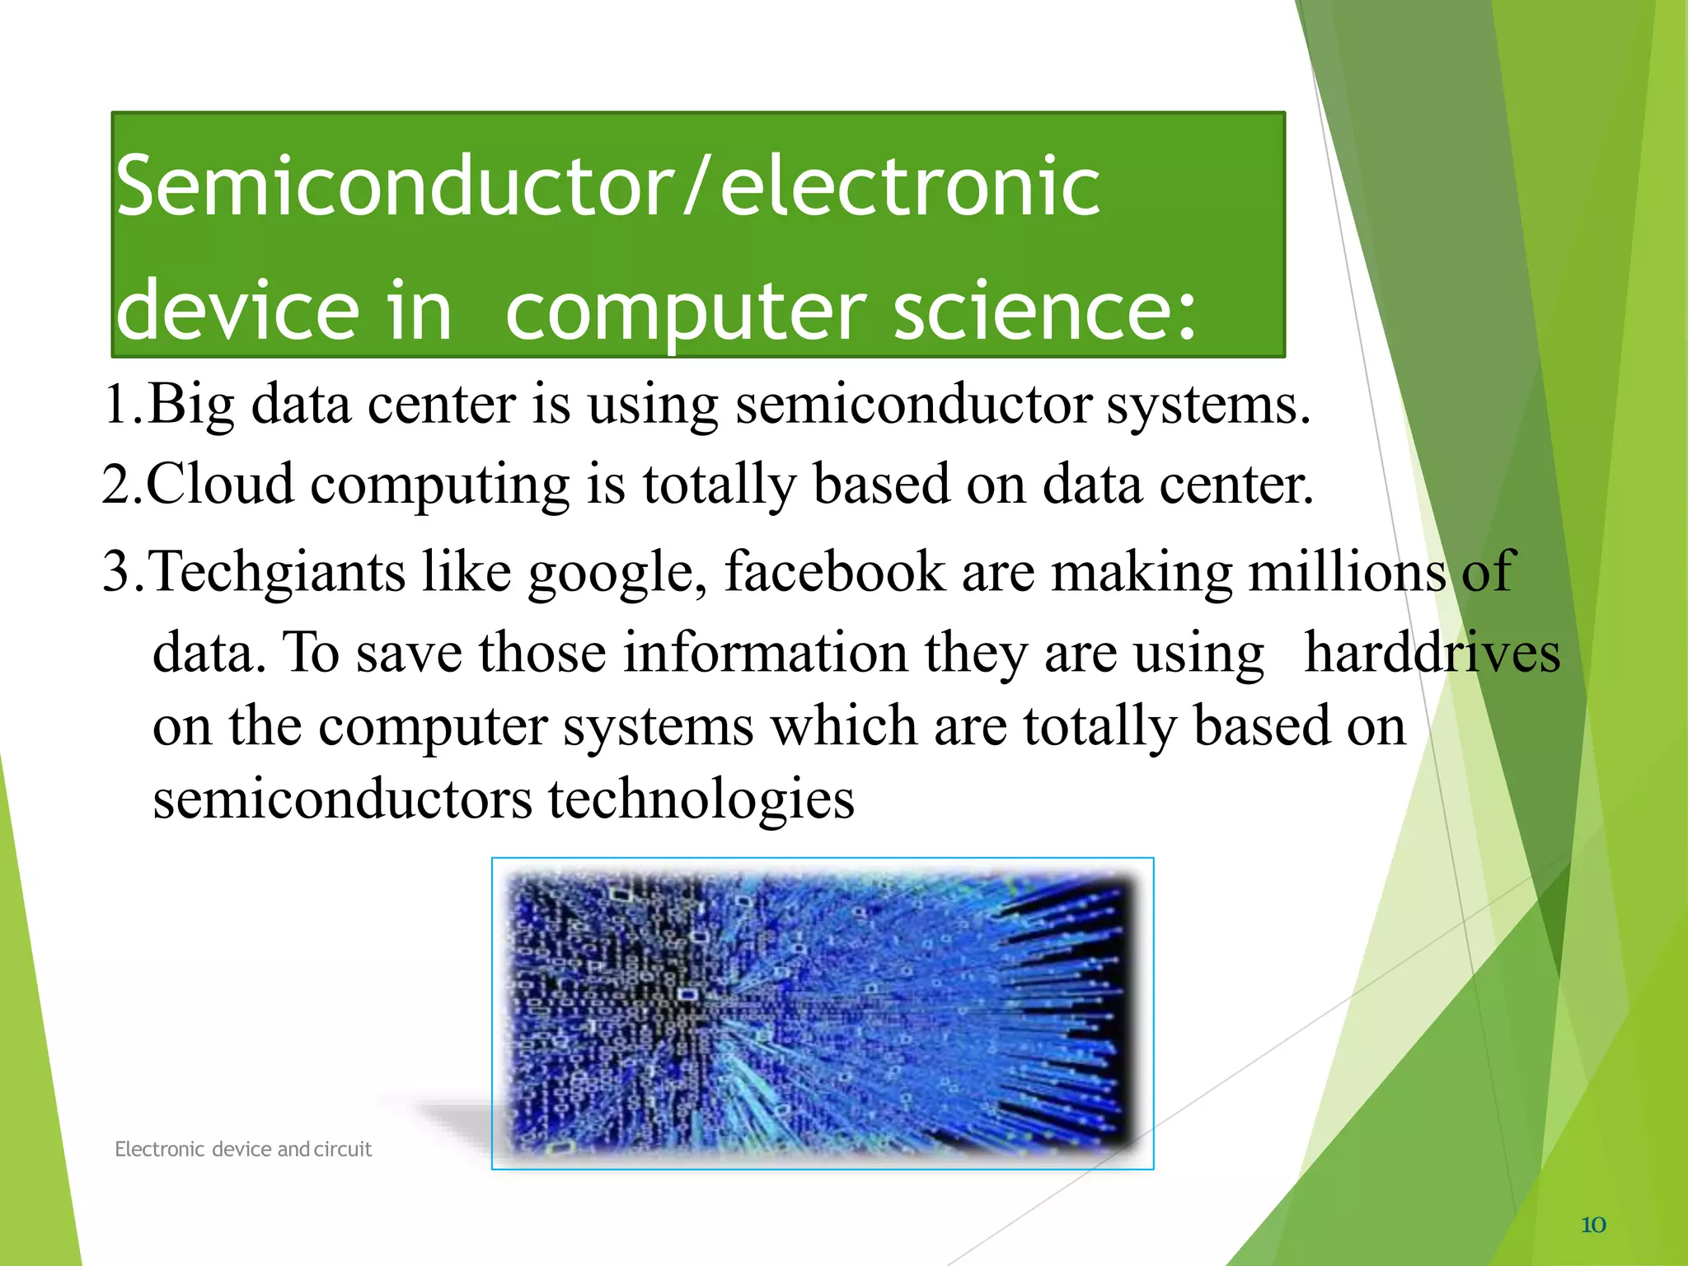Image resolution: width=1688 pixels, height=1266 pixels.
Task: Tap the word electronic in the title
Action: (x=910, y=188)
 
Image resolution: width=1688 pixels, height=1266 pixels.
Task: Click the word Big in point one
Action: (x=191, y=406)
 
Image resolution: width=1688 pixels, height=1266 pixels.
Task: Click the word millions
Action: (x=1347, y=571)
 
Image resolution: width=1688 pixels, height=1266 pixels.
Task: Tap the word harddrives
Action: (x=1432, y=653)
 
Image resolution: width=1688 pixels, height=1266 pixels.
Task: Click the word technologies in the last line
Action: (x=701, y=799)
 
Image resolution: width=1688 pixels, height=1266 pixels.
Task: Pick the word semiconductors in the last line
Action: (x=342, y=799)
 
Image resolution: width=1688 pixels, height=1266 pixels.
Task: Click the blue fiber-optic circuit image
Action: (x=822, y=1013)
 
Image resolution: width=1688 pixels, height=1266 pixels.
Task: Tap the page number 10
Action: (x=1593, y=1225)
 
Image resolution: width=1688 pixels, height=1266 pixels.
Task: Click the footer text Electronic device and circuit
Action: (x=243, y=1149)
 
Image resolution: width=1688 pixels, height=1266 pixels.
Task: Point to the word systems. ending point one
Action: (x=1207, y=406)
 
